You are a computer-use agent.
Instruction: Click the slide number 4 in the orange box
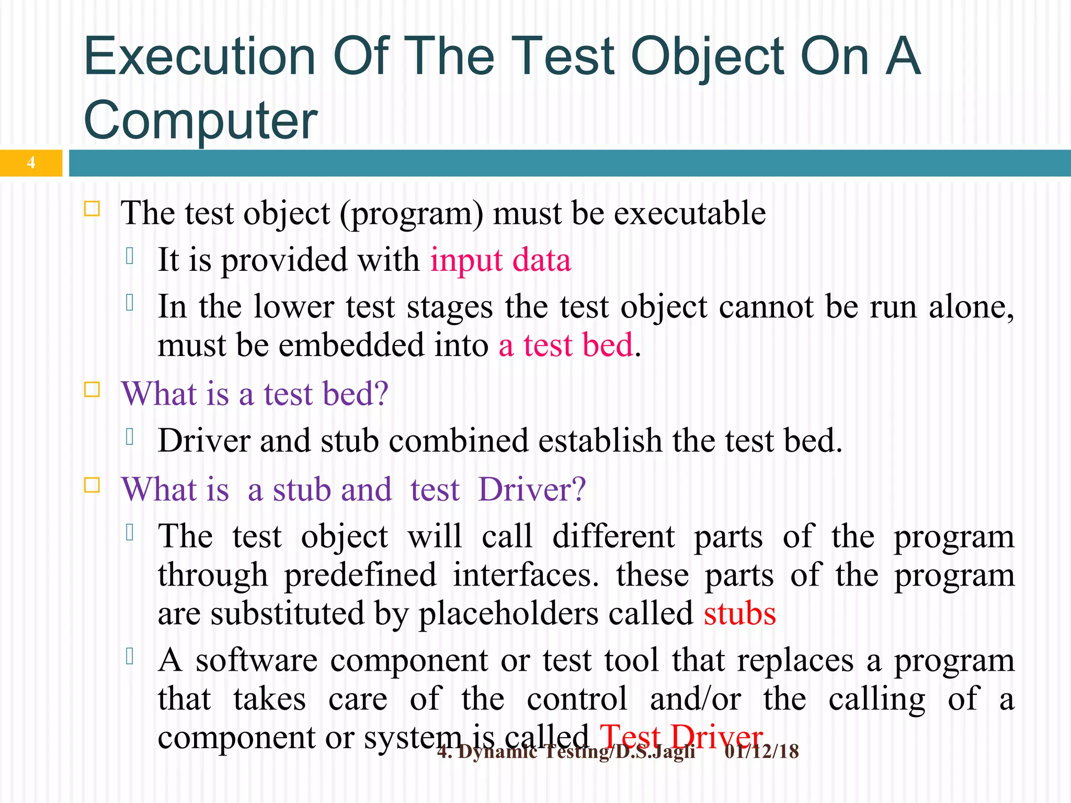31,163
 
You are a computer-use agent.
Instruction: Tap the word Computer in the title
200,121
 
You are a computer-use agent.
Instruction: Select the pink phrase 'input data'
500,260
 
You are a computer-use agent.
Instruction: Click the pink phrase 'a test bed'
566,346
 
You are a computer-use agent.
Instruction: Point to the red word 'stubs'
739,614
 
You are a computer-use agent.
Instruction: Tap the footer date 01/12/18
761,752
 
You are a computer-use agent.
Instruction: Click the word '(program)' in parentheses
412,214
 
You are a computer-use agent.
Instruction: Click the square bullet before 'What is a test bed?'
92,389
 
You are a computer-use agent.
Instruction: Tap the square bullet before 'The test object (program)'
92,209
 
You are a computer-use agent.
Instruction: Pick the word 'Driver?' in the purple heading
532,490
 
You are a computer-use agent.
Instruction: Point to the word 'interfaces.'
526,575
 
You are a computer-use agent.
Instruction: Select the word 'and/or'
695,699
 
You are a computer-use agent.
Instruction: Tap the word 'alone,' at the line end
971,307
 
